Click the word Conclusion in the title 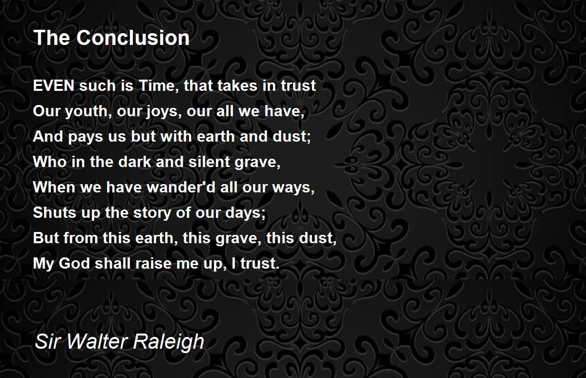coord(132,38)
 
